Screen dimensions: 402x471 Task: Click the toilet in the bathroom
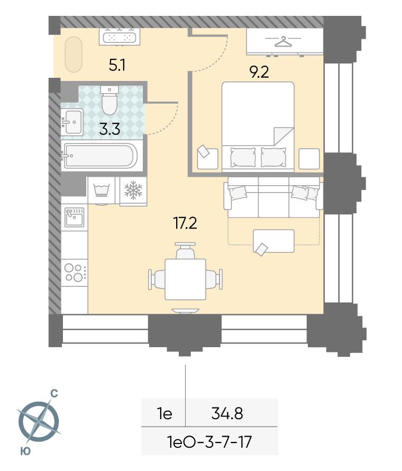tap(109, 100)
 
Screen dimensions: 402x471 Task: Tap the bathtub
tap(99, 156)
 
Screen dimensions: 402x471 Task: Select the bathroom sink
tap(72, 122)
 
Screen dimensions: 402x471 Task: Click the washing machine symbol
tap(102, 191)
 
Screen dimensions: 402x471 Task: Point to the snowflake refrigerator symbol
tap(133, 191)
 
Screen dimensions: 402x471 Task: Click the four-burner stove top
tap(75, 273)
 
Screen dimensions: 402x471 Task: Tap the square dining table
tap(185, 279)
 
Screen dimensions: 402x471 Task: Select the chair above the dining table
tap(185, 251)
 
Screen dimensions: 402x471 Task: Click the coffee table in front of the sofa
tap(273, 241)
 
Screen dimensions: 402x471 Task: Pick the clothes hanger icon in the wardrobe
tap(283, 41)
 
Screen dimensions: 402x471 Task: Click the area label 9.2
tap(259, 72)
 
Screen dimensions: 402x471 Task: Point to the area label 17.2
tap(185, 223)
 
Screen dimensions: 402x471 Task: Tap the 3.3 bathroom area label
tap(109, 129)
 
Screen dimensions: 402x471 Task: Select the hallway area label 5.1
tap(117, 65)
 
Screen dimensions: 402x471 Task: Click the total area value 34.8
tap(227, 413)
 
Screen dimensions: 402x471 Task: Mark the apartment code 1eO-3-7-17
tap(209, 442)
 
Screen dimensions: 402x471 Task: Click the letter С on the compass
tap(54, 393)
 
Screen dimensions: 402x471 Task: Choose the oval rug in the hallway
tap(74, 55)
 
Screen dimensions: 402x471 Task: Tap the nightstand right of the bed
tap(309, 159)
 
